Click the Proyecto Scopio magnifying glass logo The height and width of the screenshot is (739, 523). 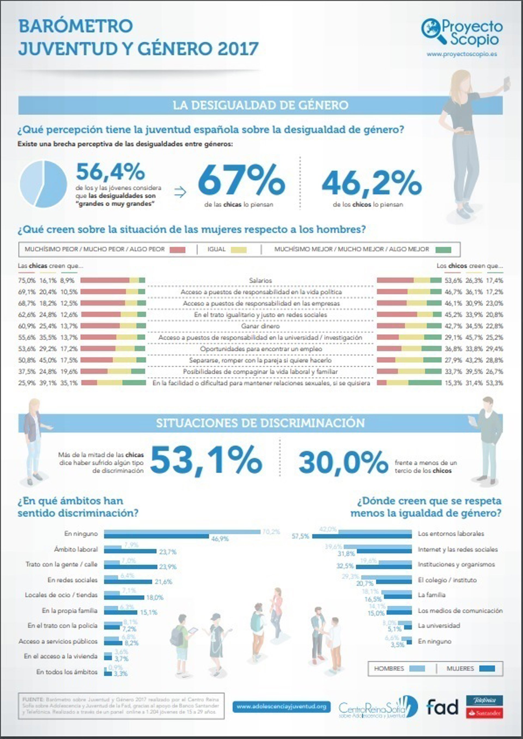(433, 30)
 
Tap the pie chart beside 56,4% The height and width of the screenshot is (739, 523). (44, 184)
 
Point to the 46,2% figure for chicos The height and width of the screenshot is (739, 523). (371, 184)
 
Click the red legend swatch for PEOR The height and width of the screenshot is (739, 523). (177, 250)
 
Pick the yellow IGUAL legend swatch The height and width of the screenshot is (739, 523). (239, 250)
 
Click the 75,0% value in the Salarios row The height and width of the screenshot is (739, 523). (26, 281)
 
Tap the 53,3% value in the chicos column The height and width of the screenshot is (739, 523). (495, 383)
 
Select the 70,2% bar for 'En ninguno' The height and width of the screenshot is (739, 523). (182, 532)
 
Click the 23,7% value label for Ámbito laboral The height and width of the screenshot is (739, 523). (168, 552)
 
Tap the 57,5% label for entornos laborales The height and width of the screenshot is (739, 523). (300, 536)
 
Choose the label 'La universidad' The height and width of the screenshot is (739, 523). (439, 626)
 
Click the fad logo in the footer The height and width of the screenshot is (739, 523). (442, 707)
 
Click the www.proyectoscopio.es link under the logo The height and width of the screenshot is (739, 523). (461, 54)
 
